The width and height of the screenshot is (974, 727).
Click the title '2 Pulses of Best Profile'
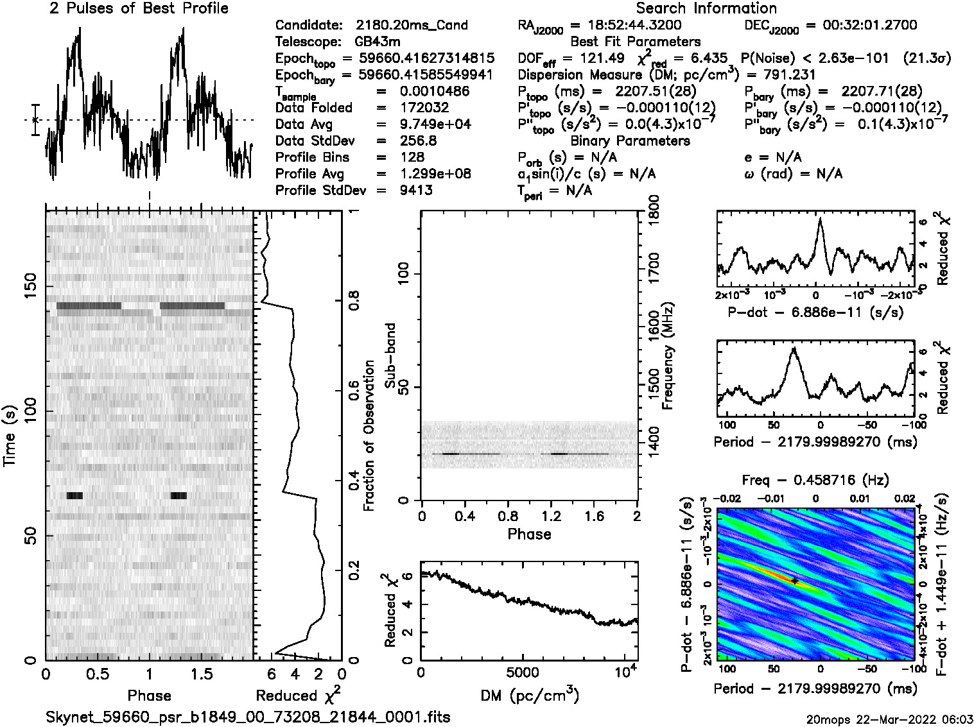[138, 8]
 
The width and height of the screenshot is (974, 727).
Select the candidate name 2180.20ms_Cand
[411, 26]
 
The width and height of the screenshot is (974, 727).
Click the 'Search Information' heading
[706, 8]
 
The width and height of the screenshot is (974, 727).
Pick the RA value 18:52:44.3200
[626, 26]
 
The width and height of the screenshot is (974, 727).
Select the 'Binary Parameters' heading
[630, 141]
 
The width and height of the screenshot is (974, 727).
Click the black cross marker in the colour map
[795, 581]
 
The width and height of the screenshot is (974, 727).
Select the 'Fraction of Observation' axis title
[369, 436]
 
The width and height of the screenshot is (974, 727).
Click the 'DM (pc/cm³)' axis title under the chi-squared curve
[530, 695]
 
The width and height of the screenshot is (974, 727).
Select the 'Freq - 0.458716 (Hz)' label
[815, 480]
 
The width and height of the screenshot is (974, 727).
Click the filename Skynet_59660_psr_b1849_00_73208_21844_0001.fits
[248, 717]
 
